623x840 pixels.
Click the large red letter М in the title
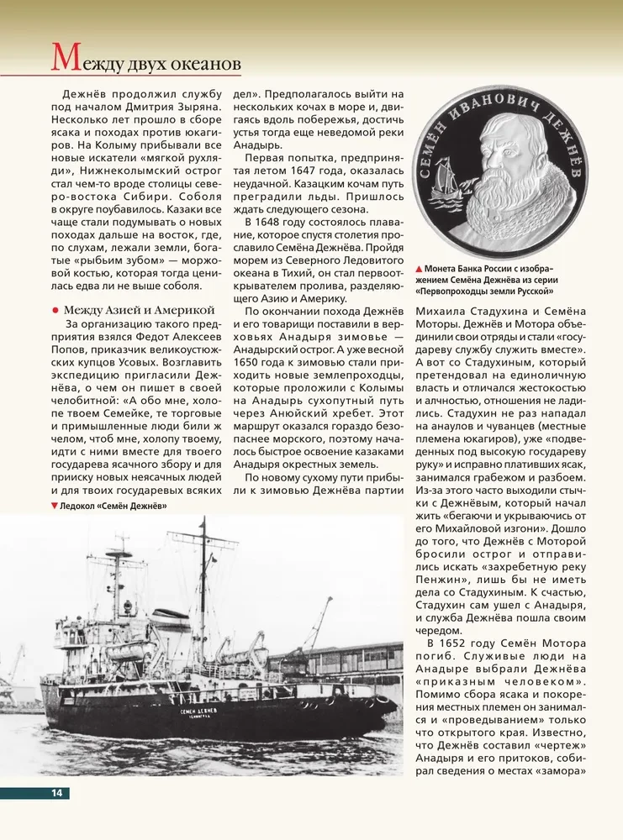pos(66,58)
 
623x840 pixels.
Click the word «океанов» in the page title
pos(206,63)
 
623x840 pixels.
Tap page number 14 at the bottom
pos(56,793)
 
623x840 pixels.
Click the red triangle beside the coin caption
pos(419,268)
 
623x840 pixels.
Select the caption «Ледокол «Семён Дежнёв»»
pos(114,506)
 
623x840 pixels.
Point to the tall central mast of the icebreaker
pos(203,588)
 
